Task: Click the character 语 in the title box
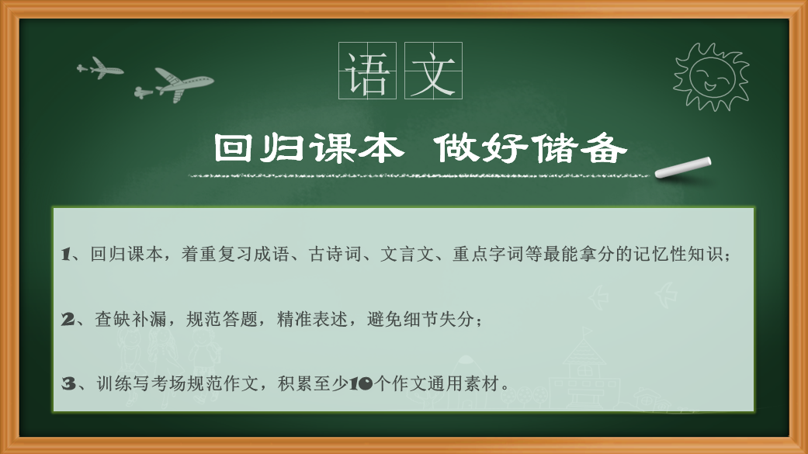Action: tap(367, 71)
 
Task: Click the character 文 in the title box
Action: tap(433, 71)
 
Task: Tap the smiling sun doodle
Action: tap(711, 76)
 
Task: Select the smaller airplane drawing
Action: tap(100, 68)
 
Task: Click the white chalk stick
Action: tap(683, 168)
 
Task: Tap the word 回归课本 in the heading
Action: tap(308, 148)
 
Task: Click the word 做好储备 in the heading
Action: tap(531, 148)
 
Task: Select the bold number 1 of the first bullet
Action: tap(65, 254)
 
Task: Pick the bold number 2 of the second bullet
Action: tap(68, 320)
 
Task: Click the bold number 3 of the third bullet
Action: tap(68, 384)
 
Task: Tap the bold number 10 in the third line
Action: tap(361, 384)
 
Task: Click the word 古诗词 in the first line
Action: tap(335, 254)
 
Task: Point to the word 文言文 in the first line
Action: tap(407, 254)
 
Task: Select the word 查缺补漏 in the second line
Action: tap(130, 320)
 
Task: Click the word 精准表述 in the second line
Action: tap(312, 320)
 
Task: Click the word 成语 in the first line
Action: tap(272, 254)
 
